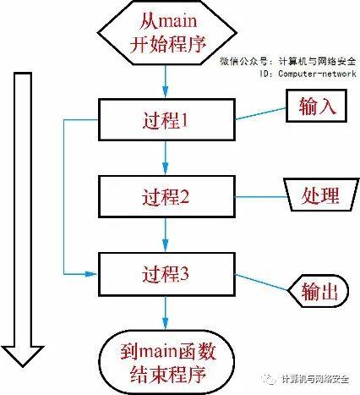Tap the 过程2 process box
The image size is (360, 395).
165,197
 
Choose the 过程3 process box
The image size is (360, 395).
165,273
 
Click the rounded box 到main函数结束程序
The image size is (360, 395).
165,359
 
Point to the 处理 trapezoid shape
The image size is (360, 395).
310,195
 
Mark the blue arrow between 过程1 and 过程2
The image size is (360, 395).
165,158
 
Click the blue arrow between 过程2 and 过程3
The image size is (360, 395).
165,234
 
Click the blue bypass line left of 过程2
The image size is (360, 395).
64,197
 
